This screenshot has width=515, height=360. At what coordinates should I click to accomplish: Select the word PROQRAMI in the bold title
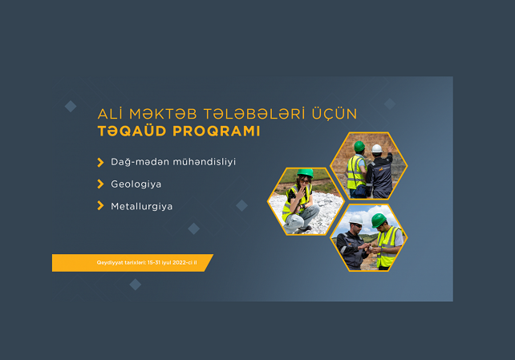click(217, 131)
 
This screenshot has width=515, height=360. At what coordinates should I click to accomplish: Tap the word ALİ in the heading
click(110, 114)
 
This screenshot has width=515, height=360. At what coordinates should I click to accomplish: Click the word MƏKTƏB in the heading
click(163, 114)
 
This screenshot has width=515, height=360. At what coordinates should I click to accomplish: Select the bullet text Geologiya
click(136, 184)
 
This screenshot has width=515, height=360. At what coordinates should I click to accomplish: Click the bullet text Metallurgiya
click(141, 206)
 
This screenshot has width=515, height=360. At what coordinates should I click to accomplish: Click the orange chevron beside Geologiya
click(100, 184)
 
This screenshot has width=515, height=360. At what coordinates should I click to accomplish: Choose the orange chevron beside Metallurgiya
click(100, 206)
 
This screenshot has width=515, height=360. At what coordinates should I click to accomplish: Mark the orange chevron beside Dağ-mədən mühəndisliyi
click(100, 162)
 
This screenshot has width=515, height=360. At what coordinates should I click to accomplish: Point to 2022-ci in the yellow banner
click(182, 262)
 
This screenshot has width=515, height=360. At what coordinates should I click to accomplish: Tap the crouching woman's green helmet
click(306, 172)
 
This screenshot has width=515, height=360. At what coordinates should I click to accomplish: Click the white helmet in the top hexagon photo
click(377, 148)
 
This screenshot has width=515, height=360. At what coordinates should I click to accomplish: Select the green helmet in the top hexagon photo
click(359, 147)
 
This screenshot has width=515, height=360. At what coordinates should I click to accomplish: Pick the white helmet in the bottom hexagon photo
click(355, 220)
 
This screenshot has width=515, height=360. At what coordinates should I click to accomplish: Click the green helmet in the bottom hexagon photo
click(379, 220)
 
